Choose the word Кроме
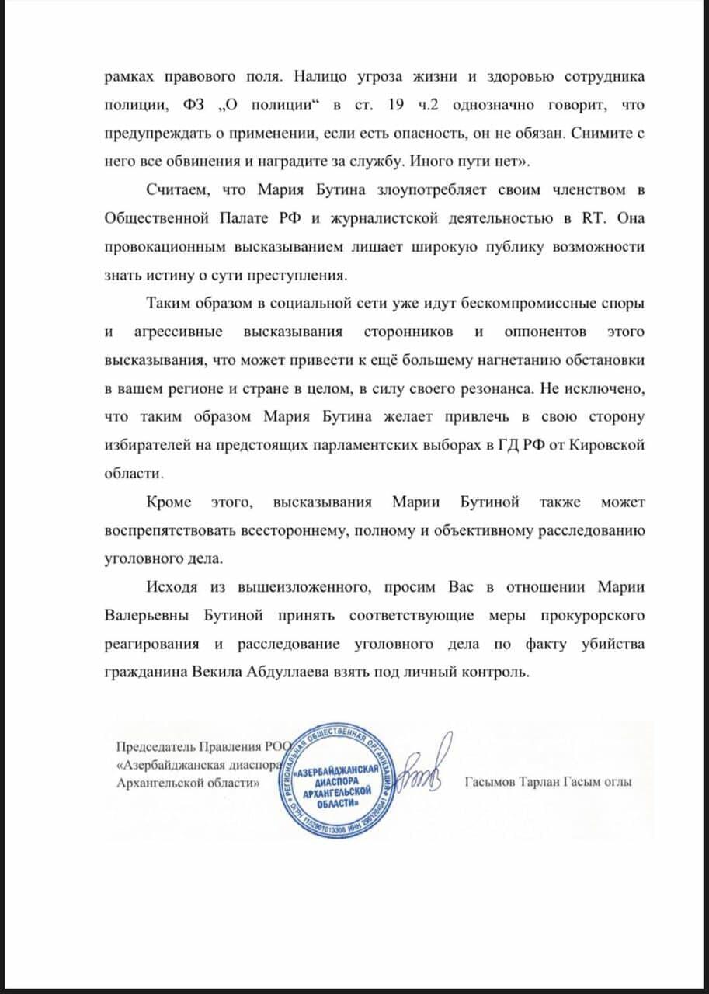coord(168,502)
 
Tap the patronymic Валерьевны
coord(144,616)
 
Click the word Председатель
coord(153,748)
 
